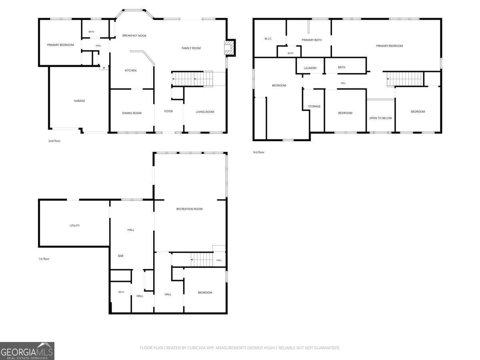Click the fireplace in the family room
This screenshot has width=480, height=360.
click(x=230, y=48)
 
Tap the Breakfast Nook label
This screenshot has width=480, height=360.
click(x=134, y=36)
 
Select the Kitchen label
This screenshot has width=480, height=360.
click(x=130, y=70)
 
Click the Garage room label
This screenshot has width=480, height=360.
click(x=79, y=101)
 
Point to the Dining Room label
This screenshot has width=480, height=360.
click(x=132, y=113)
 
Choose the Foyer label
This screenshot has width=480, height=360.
click(x=168, y=111)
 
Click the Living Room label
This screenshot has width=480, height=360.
click(x=205, y=112)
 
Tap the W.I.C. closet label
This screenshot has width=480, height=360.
click(x=268, y=39)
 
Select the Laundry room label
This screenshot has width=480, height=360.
click(x=310, y=68)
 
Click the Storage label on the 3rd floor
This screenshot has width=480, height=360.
click(x=314, y=106)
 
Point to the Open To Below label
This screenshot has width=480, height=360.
click(x=380, y=118)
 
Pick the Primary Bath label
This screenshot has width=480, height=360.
click(x=312, y=40)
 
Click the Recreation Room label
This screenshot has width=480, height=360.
click(x=189, y=209)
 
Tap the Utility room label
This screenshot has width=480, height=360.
click(x=74, y=226)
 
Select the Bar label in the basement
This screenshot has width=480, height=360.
click(x=121, y=256)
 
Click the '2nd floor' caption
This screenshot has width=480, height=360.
click(x=54, y=141)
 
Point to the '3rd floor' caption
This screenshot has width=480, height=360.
click(x=259, y=152)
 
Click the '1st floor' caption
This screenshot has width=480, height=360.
click(x=44, y=259)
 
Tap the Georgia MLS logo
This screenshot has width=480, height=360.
click(x=27, y=351)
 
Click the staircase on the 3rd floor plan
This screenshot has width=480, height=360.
click(x=405, y=79)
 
